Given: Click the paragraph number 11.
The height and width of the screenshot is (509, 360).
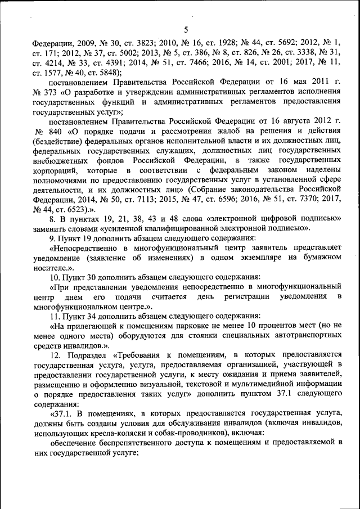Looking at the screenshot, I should pyautogui.click(x=55, y=317).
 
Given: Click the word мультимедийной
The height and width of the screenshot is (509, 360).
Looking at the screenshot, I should pyautogui.click(x=254, y=385).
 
